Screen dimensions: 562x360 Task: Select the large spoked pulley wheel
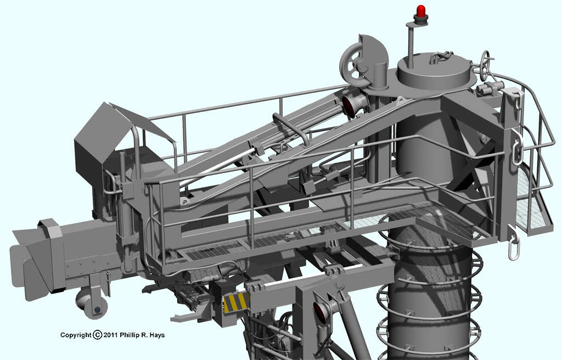pos(355,67)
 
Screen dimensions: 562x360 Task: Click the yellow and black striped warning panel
pos(236,303)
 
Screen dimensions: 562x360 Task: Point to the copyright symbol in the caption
pos(98,335)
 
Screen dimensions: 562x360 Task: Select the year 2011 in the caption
pos(110,335)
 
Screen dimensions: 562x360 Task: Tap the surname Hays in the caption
pos(158,335)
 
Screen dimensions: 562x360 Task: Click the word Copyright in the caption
pos(76,335)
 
